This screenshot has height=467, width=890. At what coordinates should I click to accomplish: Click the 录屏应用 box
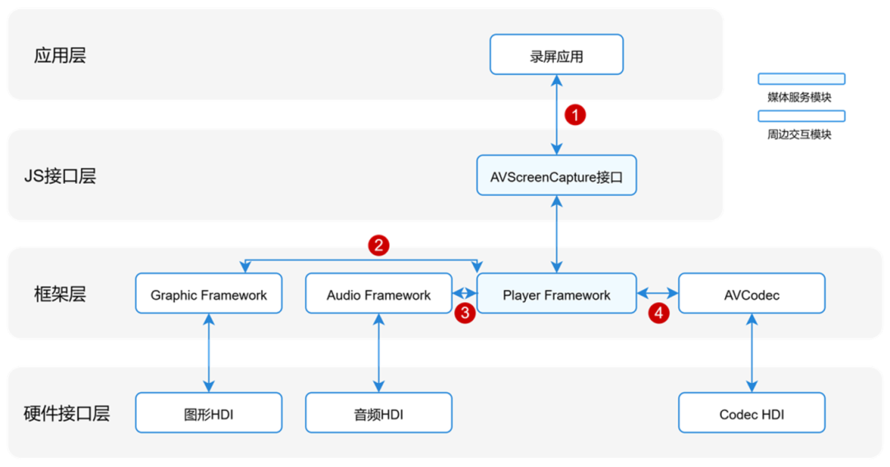556,54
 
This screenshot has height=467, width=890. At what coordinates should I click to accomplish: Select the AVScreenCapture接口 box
556,175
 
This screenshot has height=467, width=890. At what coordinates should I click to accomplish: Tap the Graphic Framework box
208,294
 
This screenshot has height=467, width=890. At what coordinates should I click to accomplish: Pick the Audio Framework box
378,294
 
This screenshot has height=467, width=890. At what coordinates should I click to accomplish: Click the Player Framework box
556,294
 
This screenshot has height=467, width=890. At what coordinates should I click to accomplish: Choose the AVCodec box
751,294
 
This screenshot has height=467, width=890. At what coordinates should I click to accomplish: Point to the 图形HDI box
208,413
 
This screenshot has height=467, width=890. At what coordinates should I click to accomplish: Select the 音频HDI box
378,413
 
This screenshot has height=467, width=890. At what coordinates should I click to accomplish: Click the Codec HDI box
751,413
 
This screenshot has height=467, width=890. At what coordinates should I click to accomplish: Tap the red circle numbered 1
575,114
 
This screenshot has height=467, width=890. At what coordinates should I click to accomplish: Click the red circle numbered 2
378,245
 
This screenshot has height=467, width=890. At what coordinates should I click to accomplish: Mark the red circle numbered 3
465,312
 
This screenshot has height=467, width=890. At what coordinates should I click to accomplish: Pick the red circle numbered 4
658,312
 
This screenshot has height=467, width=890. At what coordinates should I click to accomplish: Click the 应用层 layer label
60,56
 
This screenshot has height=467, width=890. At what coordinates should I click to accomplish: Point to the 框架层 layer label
60,295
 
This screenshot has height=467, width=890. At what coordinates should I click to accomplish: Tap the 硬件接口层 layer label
67,413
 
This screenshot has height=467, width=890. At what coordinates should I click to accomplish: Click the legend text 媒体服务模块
799,97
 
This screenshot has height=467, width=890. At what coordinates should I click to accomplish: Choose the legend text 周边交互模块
799,134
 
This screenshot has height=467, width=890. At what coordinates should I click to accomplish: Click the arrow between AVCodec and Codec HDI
751,353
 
